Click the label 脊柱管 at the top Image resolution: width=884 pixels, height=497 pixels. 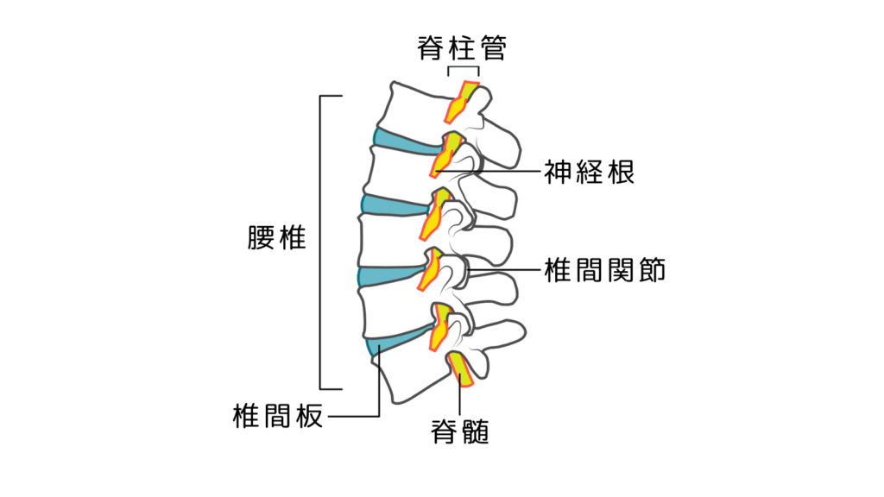click(x=461, y=48)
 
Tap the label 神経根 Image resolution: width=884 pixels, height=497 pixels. click(x=589, y=173)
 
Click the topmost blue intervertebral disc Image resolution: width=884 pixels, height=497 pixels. click(x=402, y=142)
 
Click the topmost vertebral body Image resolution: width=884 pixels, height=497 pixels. click(x=414, y=108)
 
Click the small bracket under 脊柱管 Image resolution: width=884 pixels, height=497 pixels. click(x=464, y=68)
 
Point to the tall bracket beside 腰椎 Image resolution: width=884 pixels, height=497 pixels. click(x=321, y=242)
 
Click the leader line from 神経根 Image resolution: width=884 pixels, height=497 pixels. click(x=501, y=173)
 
